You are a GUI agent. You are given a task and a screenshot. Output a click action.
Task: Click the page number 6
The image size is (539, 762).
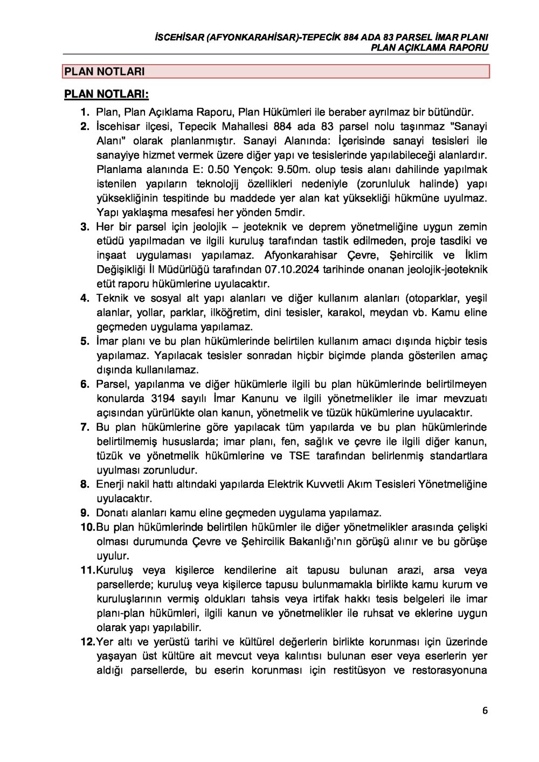point(485,710)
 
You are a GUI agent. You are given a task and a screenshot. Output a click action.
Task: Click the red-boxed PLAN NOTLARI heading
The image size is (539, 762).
point(105,71)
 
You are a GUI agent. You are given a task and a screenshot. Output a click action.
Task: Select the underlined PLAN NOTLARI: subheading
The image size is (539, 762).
point(106,94)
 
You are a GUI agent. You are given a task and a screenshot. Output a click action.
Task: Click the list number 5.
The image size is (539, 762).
point(85,341)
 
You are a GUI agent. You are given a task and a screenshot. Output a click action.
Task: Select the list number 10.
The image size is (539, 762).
point(87,527)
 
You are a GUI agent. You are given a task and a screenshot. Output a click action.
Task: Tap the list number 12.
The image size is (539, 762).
point(87,642)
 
